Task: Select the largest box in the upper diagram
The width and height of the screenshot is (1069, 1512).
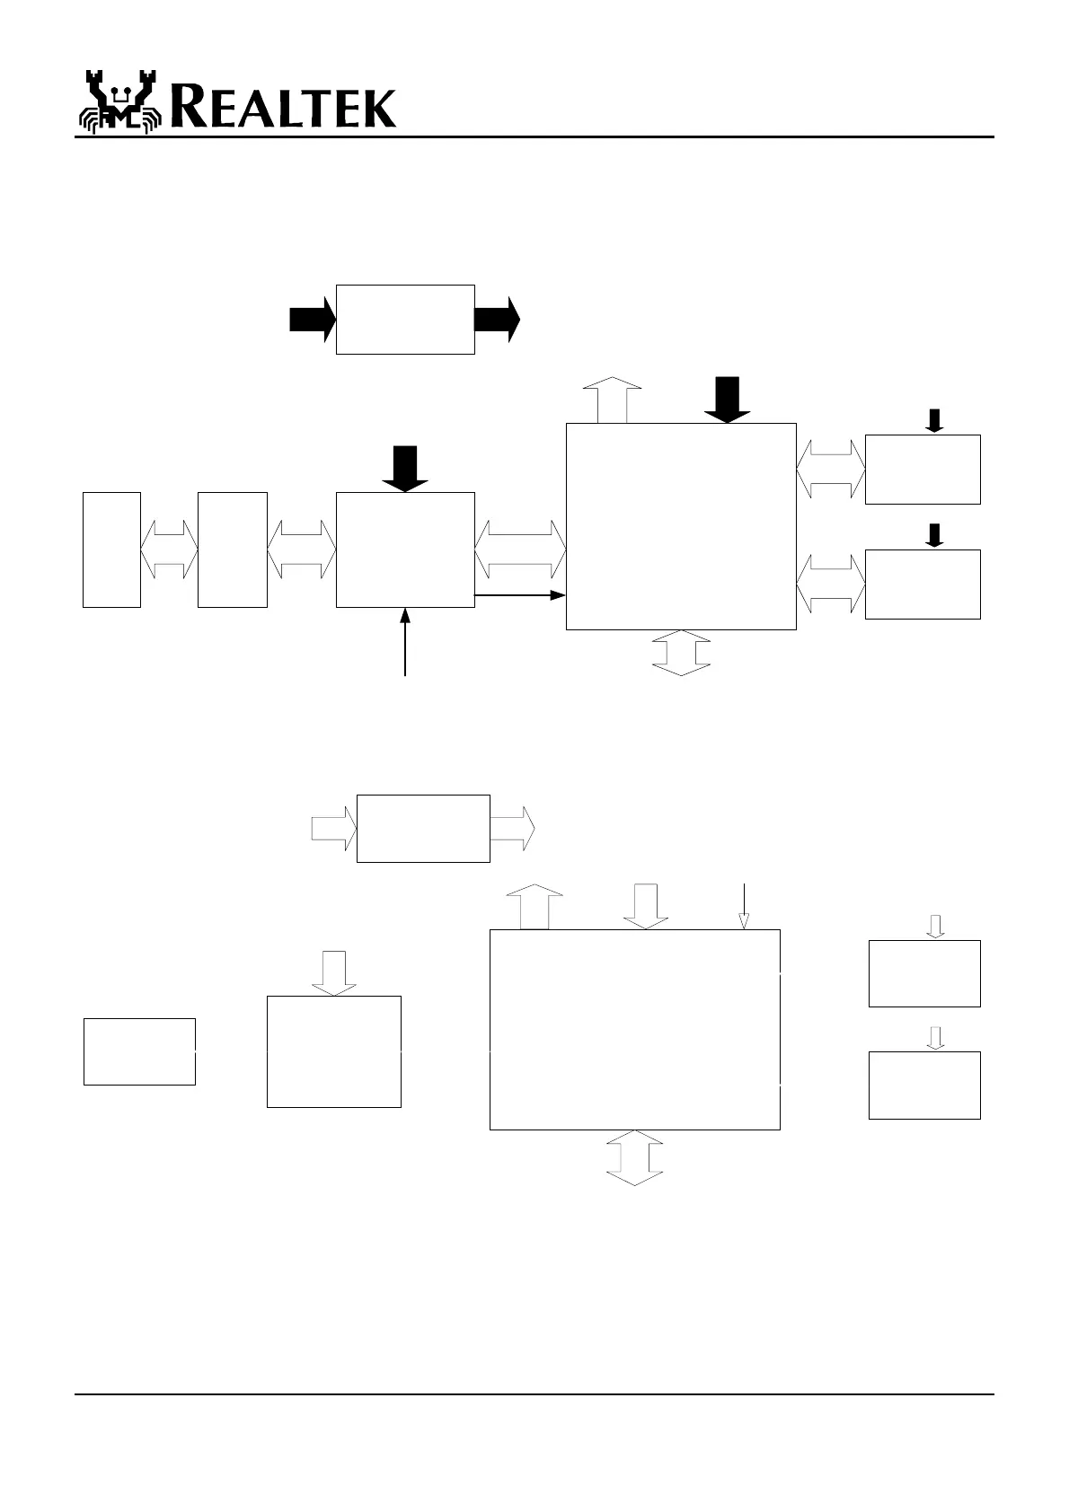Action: tap(680, 526)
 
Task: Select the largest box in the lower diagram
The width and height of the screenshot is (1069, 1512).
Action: tap(634, 1029)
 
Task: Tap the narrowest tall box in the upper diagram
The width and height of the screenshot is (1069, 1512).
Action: tap(111, 549)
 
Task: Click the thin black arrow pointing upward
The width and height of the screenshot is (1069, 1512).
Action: tap(405, 641)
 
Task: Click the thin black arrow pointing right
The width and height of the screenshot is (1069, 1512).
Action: tap(519, 594)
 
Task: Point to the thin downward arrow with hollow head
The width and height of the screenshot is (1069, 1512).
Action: tap(744, 907)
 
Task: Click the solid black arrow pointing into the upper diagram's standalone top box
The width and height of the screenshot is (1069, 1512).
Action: tap(312, 320)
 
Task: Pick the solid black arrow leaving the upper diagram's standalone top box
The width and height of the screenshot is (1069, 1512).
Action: tap(497, 320)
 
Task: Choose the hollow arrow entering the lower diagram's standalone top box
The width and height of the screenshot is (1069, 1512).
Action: tap(333, 828)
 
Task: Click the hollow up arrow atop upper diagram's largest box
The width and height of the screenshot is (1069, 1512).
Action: tap(612, 400)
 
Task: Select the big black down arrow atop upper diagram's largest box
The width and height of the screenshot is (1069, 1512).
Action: tap(727, 400)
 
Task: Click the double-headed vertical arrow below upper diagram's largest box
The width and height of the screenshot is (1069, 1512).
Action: tap(680, 653)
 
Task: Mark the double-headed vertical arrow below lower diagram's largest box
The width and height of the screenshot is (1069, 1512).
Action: tap(634, 1157)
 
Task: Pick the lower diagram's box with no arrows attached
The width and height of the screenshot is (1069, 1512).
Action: tap(139, 1051)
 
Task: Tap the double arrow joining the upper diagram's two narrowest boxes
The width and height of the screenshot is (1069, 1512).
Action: tap(169, 549)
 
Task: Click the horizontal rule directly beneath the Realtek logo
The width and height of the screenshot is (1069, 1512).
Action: tap(534, 137)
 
